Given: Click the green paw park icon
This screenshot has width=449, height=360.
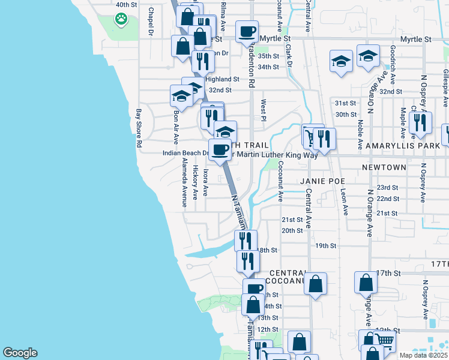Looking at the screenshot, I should (x=122, y=19).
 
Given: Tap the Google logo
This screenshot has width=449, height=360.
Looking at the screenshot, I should (x=20, y=353).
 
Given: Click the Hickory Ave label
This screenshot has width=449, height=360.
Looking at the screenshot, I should (x=195, y=181).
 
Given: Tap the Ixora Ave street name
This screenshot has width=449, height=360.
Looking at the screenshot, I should (x=205, y=182).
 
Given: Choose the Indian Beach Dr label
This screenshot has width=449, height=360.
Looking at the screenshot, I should (x=185, y=153).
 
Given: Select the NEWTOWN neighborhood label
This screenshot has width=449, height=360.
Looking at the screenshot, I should (x=384, y=167).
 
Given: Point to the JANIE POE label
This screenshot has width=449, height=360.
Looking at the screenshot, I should (x=319, y=180).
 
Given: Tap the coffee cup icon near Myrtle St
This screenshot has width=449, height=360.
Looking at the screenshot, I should (x=246, y=32).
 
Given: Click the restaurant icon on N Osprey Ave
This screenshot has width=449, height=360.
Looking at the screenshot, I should (x=420, y=123).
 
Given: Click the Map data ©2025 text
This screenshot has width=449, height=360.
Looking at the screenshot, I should (x=423, y=355).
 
